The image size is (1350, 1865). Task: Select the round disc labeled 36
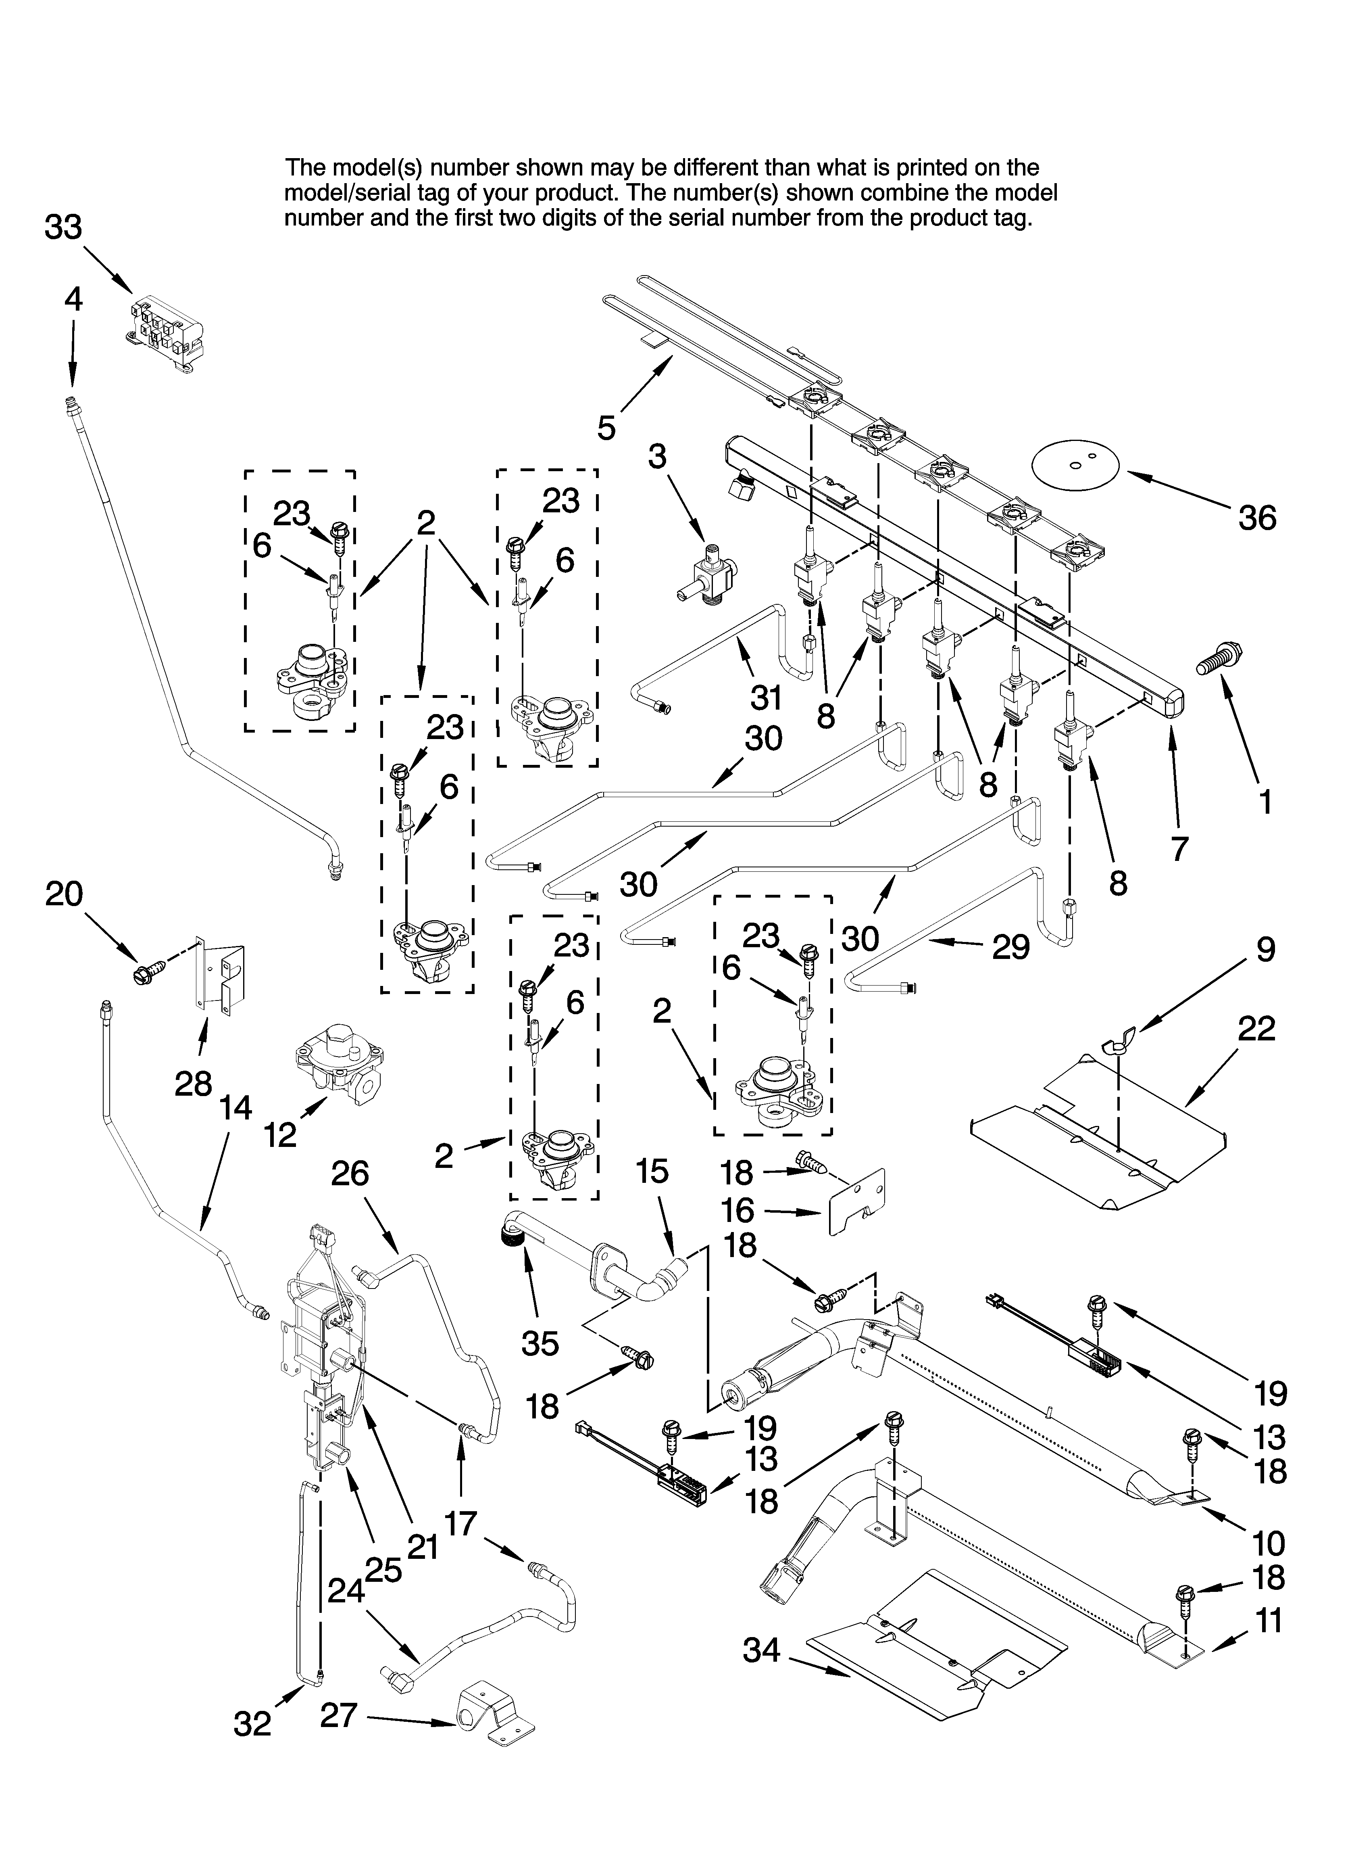[1076, 466]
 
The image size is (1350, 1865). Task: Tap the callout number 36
[1257, 518]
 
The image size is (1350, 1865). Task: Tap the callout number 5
[606, 428]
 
